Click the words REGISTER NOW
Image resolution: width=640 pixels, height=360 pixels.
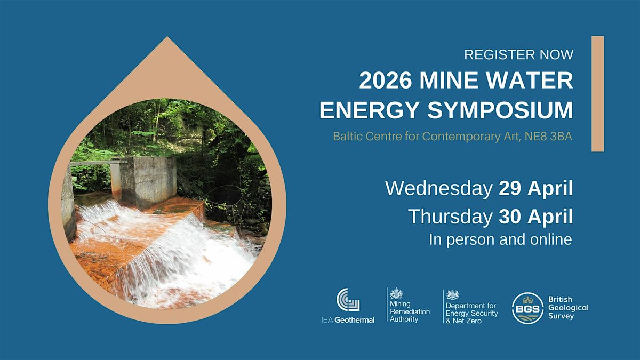[518, 54]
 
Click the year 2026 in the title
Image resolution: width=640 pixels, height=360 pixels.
[386, 81]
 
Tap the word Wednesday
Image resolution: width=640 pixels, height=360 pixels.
[439, 188]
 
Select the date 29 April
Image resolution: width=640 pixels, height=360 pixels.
[535, 189]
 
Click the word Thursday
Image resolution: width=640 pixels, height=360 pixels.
[450, 217]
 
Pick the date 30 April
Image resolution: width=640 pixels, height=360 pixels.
[535, 217]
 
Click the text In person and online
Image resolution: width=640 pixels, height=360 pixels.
[501, 239]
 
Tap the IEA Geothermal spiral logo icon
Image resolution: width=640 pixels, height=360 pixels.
[348, 300]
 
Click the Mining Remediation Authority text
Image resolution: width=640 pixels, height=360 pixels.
[410, 311]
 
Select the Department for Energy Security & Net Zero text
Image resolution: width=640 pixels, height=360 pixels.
[471, 313]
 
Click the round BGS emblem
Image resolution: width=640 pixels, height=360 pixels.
[527, 308]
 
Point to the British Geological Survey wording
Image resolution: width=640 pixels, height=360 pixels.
[569, 308]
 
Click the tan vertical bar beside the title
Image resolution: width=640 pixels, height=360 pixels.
[598, 94]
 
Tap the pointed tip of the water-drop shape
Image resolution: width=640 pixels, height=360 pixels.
[167, 37]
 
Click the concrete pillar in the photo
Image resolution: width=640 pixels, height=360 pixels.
[148, 181]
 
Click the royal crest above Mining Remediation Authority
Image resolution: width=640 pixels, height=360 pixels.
[396, 293]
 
